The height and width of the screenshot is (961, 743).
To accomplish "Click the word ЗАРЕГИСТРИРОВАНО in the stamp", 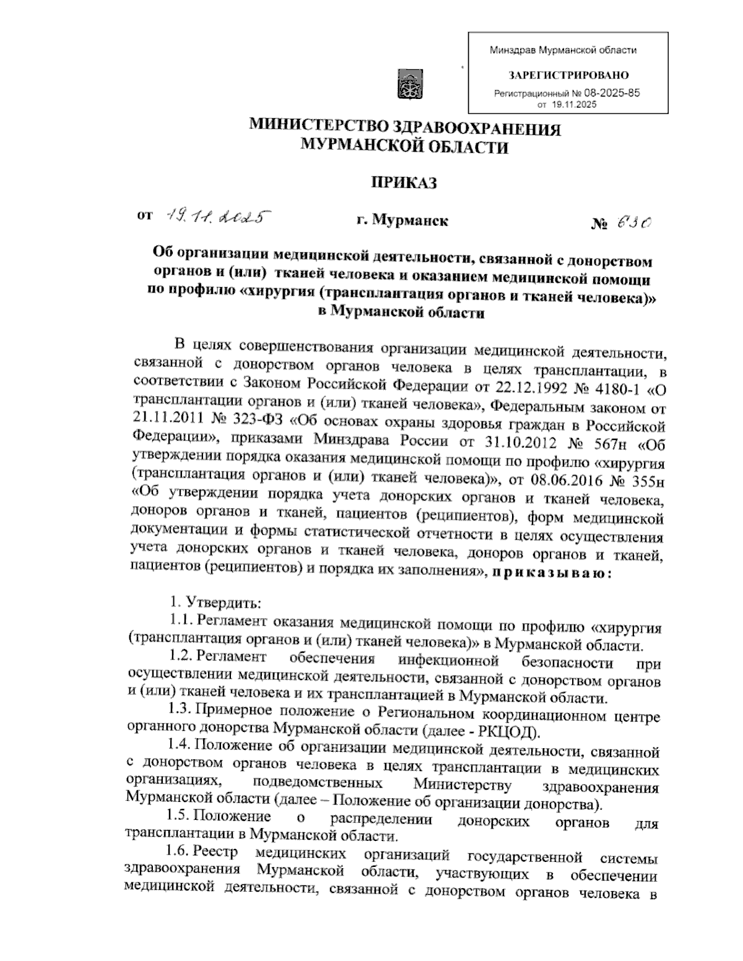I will coord(568,75).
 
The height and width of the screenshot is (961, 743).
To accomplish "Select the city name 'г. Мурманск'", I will coord(402,220).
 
